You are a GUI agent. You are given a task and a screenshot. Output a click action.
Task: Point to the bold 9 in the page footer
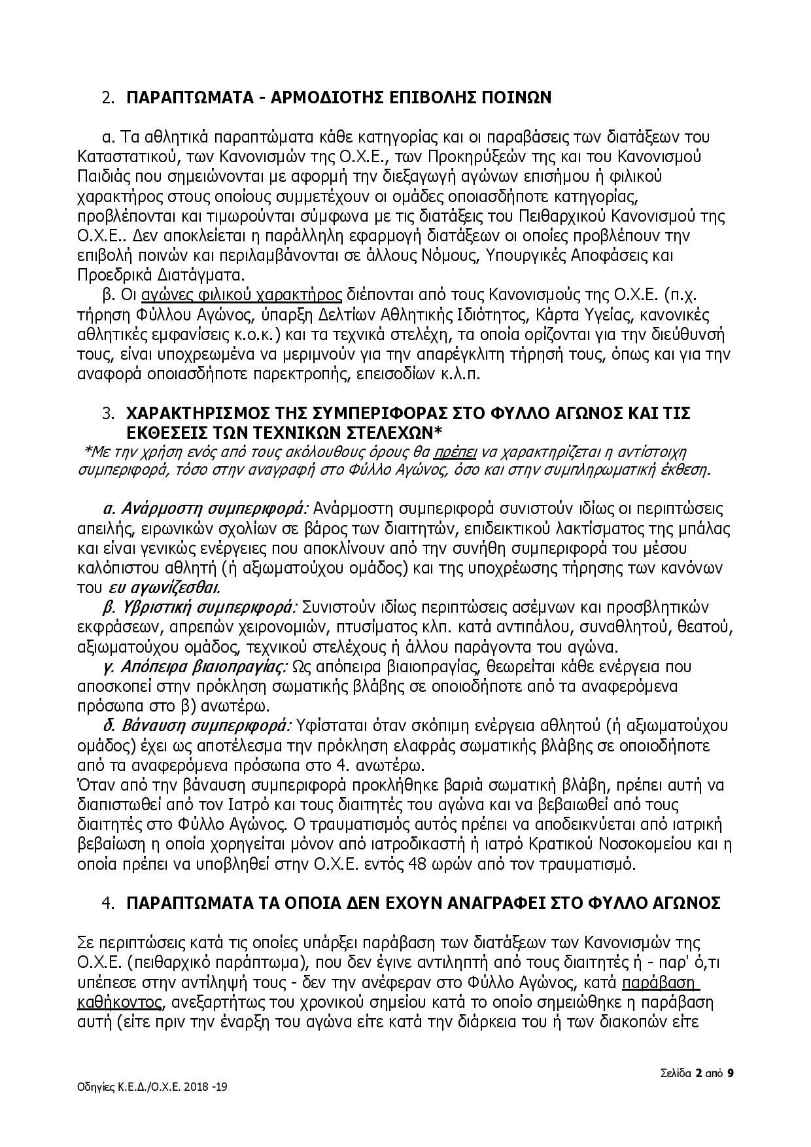coord(731,1073)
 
